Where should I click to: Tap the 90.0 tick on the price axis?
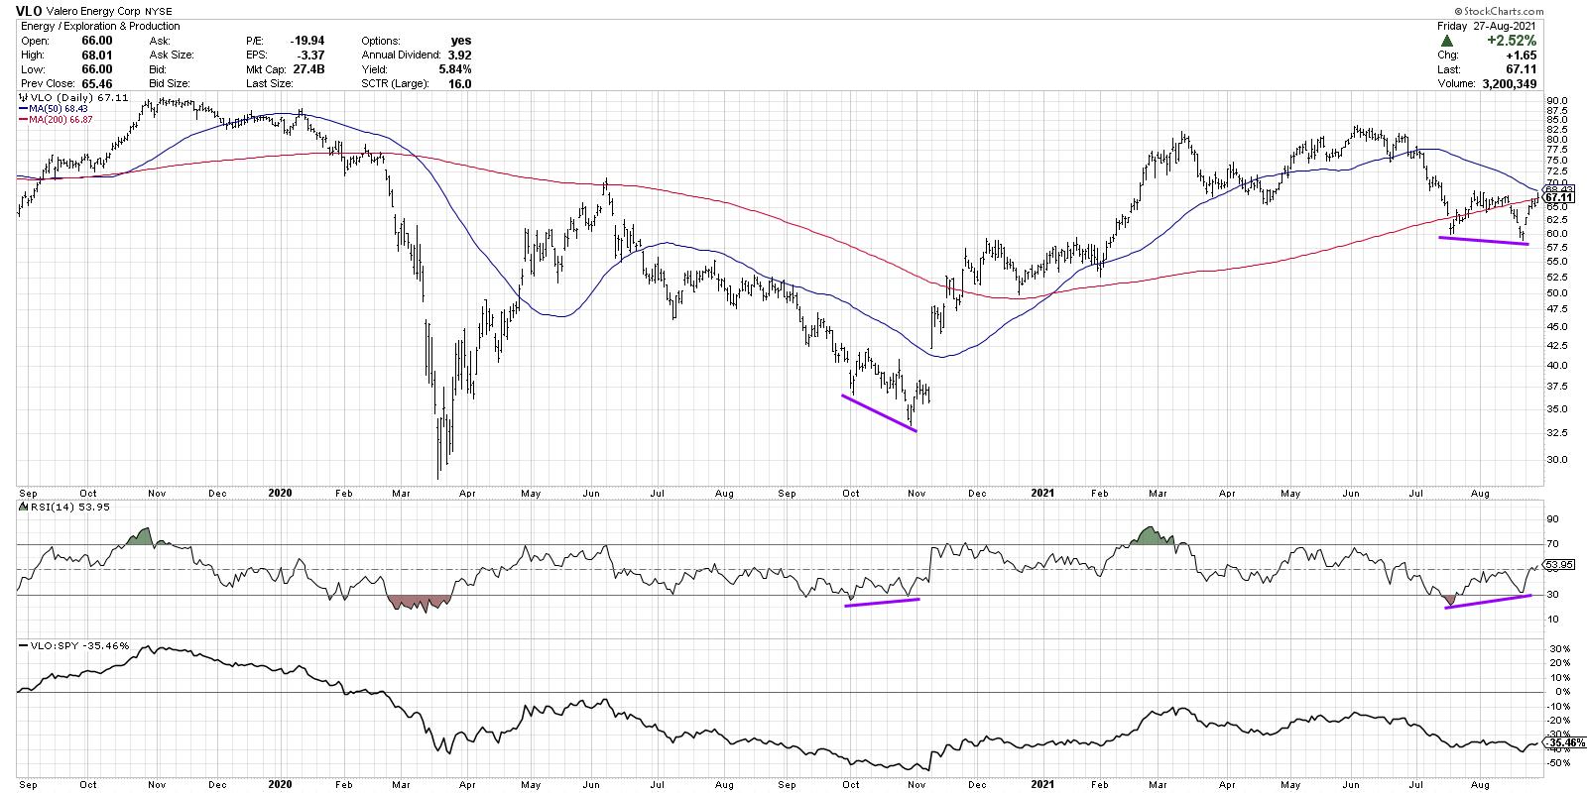1556,100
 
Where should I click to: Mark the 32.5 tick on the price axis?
1556,433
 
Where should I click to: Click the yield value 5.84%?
457,69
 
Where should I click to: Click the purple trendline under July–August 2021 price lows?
1483,241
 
